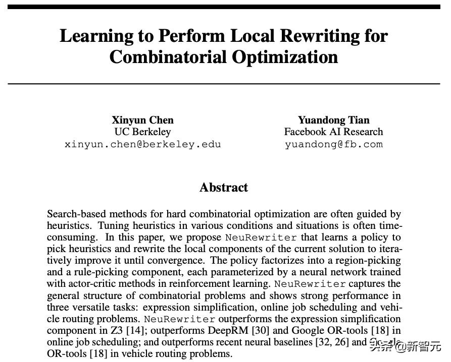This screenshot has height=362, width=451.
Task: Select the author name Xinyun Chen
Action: [x=142, y=120]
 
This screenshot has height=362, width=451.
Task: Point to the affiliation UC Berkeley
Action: [x=142, y=132]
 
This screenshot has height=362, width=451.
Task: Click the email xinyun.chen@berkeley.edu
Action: [x=142, y=144]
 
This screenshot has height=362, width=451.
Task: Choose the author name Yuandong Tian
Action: [x=333, y=120]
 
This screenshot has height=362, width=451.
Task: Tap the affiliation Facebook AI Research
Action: [x=333, y=132]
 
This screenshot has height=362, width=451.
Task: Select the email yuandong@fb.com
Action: [x=333, y=144]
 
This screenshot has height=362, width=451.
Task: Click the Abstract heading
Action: [x=224, y=188]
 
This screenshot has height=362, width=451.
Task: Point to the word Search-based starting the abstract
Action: [x=73, y=214]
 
